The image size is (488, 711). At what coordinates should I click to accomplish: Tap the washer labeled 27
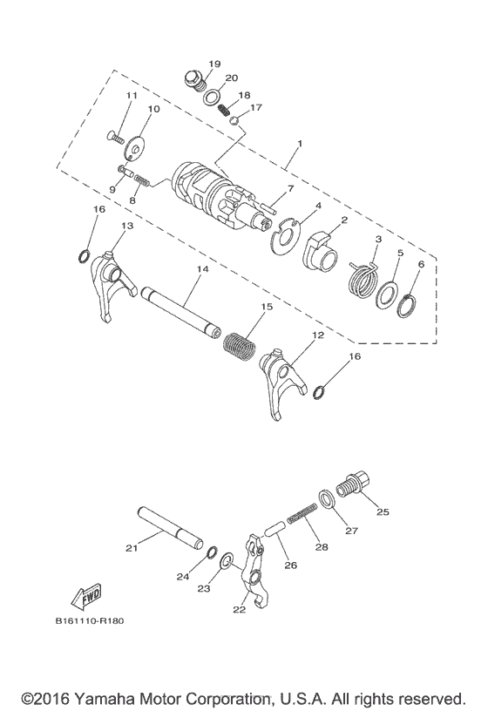[326, 499]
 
